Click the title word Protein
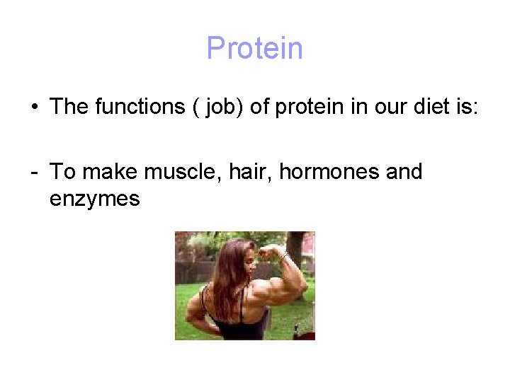[254, 49]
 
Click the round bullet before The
[35, 108]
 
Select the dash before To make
[35, 172]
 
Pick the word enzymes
[95, 199]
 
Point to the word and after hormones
[400, 172]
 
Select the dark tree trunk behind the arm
[297, 248]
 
